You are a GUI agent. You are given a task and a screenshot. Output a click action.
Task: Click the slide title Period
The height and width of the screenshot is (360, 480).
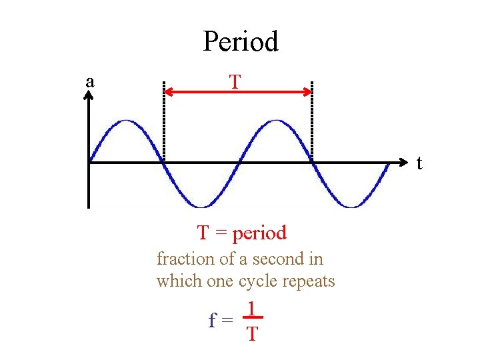pos(240,41)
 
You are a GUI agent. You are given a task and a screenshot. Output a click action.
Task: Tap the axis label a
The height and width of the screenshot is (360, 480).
pos(90,81)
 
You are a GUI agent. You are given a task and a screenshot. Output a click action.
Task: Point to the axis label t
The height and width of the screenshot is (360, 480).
pos(419,162)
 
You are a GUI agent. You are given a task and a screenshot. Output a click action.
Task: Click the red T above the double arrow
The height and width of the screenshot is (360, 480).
pos(235,82)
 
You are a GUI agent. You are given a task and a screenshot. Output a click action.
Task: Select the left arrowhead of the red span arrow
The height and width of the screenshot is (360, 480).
pos(169,92)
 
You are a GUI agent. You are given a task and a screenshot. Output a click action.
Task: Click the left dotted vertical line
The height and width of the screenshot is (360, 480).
pos(163,120)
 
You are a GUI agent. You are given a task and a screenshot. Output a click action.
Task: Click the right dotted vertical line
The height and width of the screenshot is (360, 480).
pos(311,120)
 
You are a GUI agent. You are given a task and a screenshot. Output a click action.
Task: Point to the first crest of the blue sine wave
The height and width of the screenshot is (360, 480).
pos(126,121)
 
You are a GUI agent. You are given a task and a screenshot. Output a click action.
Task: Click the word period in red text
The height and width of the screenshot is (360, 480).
pos(259,233)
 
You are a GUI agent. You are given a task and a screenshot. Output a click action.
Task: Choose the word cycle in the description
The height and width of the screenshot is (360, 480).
pos(259,281)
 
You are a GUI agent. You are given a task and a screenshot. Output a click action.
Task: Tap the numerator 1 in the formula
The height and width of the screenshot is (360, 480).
pos(251,309)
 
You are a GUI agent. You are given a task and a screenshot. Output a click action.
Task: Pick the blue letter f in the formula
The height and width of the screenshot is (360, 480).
pos(212,321)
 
